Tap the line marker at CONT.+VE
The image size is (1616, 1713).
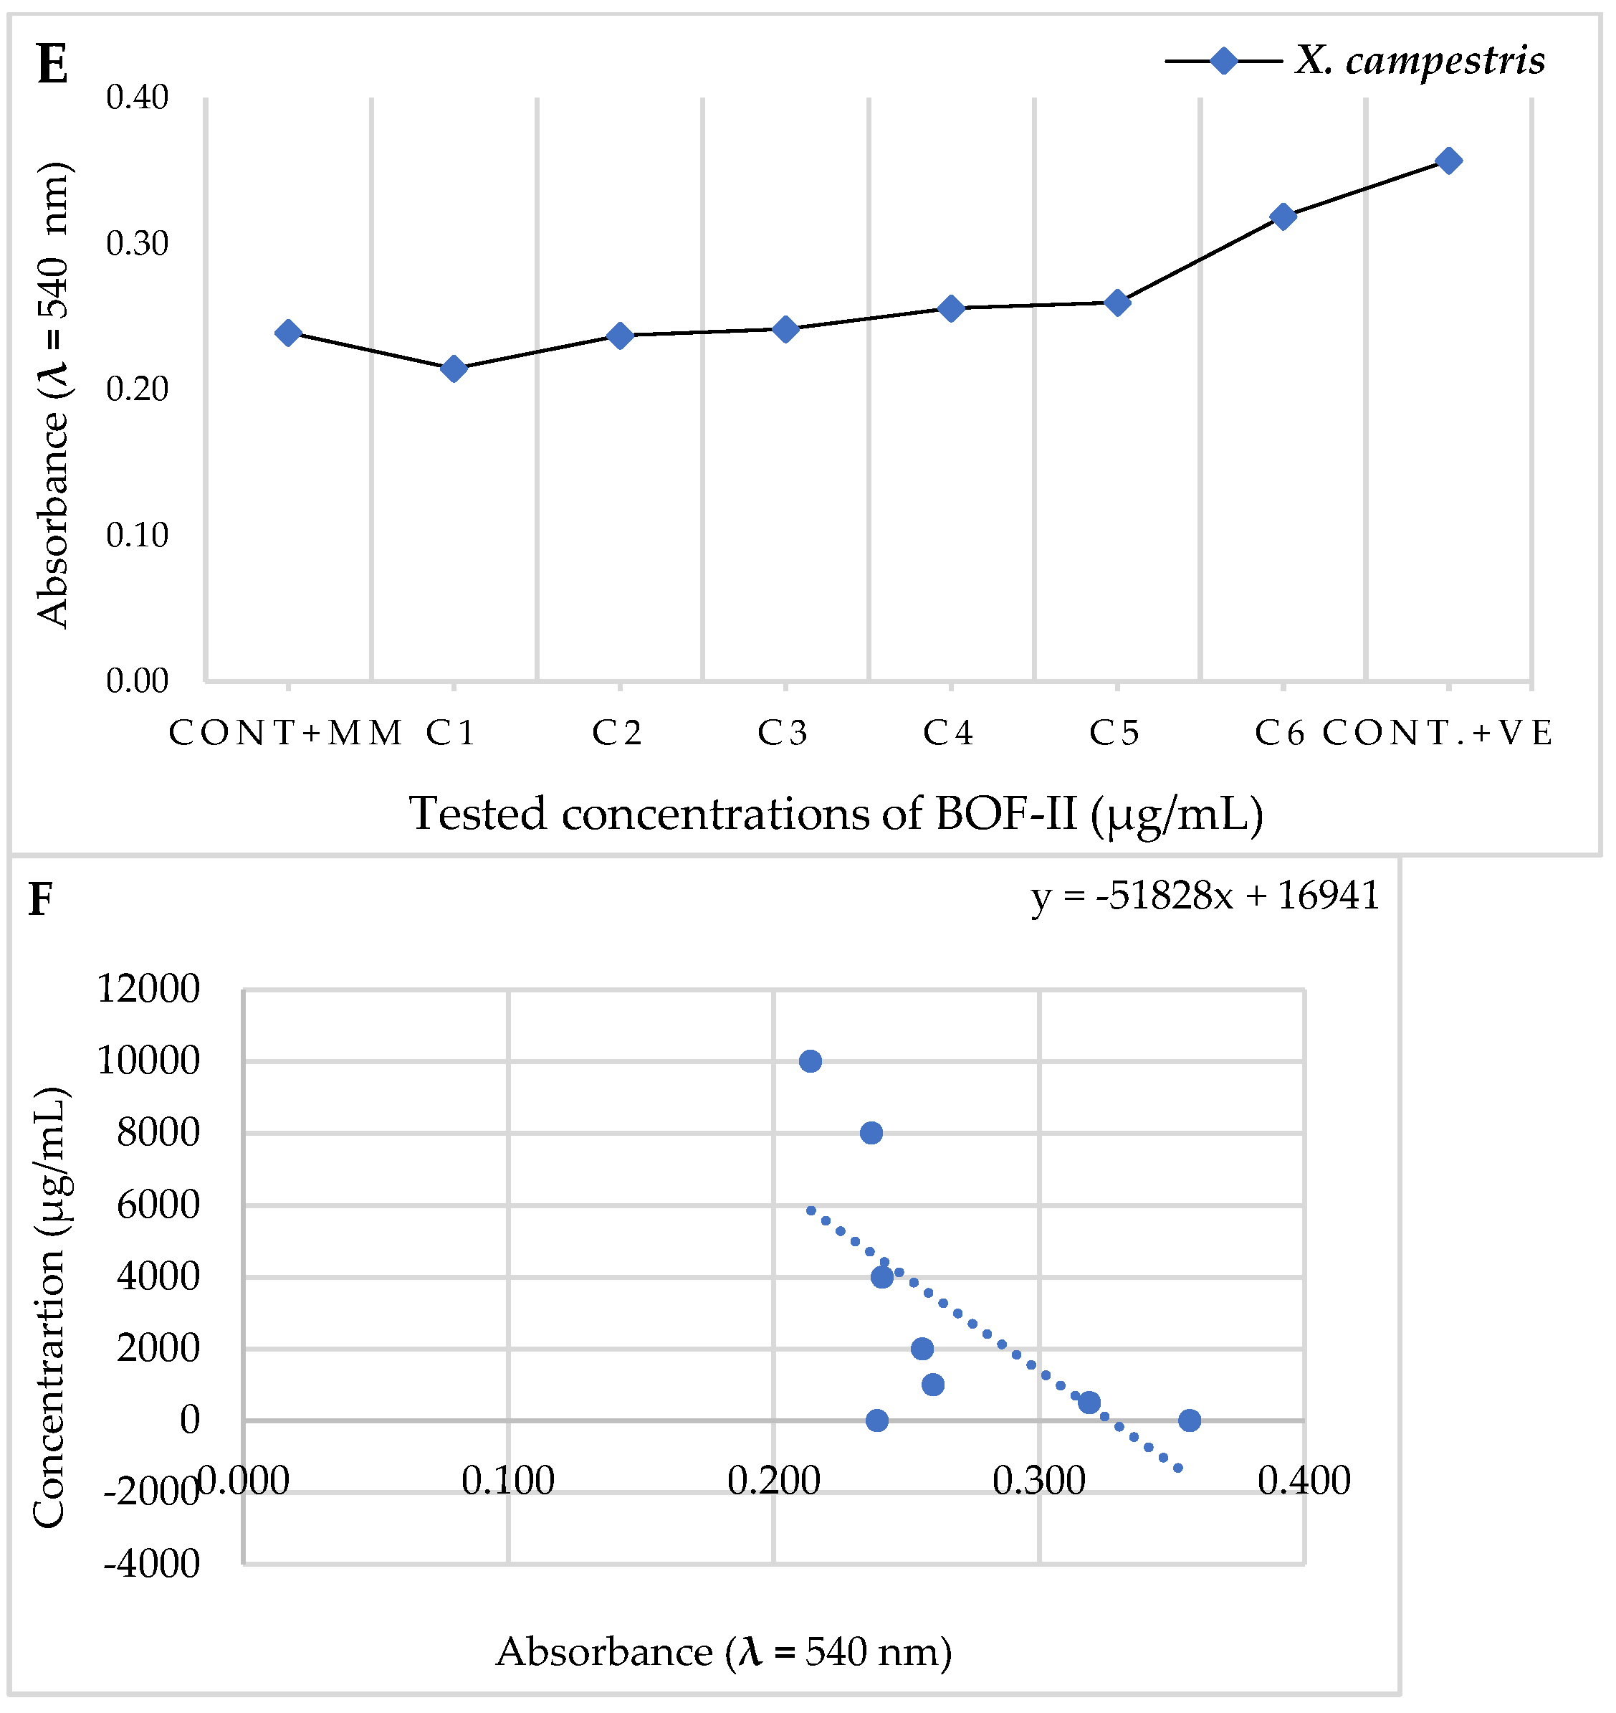click(x=1449, y=161)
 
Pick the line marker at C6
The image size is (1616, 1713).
click(x=1283, y=217)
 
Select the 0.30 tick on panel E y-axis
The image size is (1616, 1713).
click(x=137, y=244)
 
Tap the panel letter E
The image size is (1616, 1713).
click(x=52, y=65)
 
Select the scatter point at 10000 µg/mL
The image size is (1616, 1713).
click(x=810, y=1062)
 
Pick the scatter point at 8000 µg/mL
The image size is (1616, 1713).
click(x=871, y=1133)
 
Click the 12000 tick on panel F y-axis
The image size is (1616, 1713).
click(x=148, y=990)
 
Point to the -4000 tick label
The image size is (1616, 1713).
click(x=152, y=1564)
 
